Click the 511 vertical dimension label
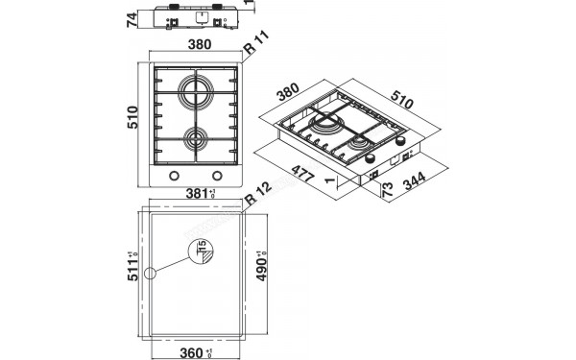click(x=133, y=274)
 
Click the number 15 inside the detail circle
click(x=203, y=252)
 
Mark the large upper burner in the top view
click(x=197, y=96)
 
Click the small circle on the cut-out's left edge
click(x=150, y=274)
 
